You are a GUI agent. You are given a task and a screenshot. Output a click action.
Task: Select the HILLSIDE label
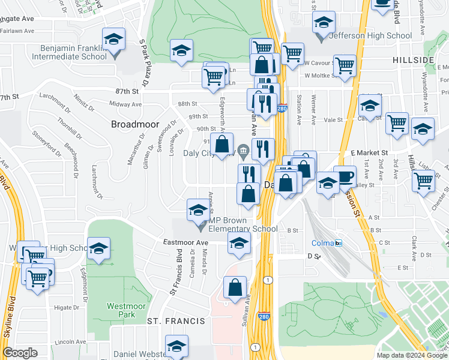414,61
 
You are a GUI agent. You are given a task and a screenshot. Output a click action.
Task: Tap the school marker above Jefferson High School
324,23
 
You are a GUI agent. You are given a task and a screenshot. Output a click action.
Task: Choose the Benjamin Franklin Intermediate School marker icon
113,40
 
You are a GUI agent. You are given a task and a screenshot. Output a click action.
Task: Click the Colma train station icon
339,243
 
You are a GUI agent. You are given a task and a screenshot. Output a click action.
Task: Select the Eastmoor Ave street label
185,242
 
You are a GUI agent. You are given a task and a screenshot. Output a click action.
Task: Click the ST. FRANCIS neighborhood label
176,321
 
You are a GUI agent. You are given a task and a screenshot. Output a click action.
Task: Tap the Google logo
20,353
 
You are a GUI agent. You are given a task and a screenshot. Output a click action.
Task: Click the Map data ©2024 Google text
411,355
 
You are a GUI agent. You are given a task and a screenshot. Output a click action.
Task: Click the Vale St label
334,120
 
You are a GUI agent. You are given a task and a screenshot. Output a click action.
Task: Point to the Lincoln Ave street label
68,343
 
